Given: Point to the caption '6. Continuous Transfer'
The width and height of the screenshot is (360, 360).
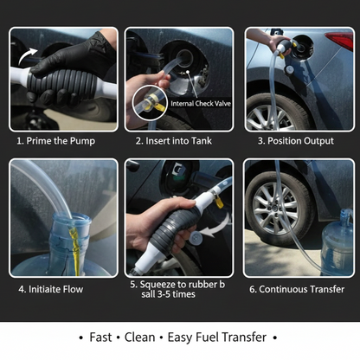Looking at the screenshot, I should (297, 289).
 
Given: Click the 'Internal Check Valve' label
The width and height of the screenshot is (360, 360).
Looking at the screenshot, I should (202, 103).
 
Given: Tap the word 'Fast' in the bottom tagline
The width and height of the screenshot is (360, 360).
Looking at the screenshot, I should (104, 336).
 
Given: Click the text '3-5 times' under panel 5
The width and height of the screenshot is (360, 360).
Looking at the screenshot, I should (180, 294).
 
